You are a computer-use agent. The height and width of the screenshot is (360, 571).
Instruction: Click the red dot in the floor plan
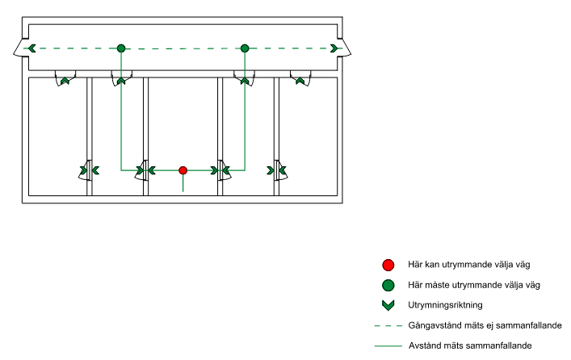(x=183, y=170)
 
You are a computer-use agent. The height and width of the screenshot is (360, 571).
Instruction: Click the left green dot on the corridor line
(x=121, y=48)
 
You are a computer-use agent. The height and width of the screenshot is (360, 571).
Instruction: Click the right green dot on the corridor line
(x=245, y=48)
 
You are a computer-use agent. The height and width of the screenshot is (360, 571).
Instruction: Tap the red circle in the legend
(x=388, y=265)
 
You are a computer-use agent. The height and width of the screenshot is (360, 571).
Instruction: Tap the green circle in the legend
(x=388, y=285)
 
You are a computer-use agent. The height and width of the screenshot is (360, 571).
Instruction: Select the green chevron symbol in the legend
(x=388, y=305)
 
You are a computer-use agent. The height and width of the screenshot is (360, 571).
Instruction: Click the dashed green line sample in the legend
(x=388, y=325)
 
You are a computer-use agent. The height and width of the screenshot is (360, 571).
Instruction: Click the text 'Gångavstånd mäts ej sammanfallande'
(x=485, y=325)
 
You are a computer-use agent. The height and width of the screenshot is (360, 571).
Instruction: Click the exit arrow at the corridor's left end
(x=31, y=48)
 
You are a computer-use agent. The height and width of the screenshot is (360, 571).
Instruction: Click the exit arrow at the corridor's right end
(x=334, y=48)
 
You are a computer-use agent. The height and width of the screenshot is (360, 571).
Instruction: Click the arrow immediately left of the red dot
(x=150, y=170)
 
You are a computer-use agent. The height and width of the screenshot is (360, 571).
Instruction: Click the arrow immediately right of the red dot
(x=215, y=170)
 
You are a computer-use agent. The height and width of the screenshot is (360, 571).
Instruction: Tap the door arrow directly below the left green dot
(x=121, y=80)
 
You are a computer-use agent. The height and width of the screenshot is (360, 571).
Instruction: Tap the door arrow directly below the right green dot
(x=241, y=80)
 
